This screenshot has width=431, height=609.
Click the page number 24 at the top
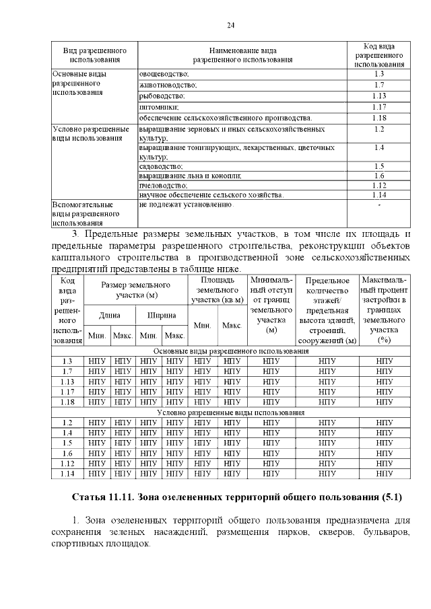231,25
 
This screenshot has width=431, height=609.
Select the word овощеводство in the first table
164,73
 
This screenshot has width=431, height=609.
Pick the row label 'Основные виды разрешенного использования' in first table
79,84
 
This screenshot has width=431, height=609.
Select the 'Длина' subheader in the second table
110,314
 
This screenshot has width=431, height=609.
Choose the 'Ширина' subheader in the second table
162,314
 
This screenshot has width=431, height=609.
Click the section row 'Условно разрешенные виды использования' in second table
231,412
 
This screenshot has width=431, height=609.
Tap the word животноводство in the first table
168,85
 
